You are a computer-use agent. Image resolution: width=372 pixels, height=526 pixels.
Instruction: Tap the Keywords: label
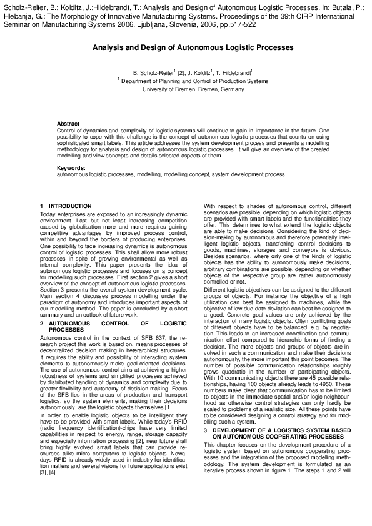click(71, 169)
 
